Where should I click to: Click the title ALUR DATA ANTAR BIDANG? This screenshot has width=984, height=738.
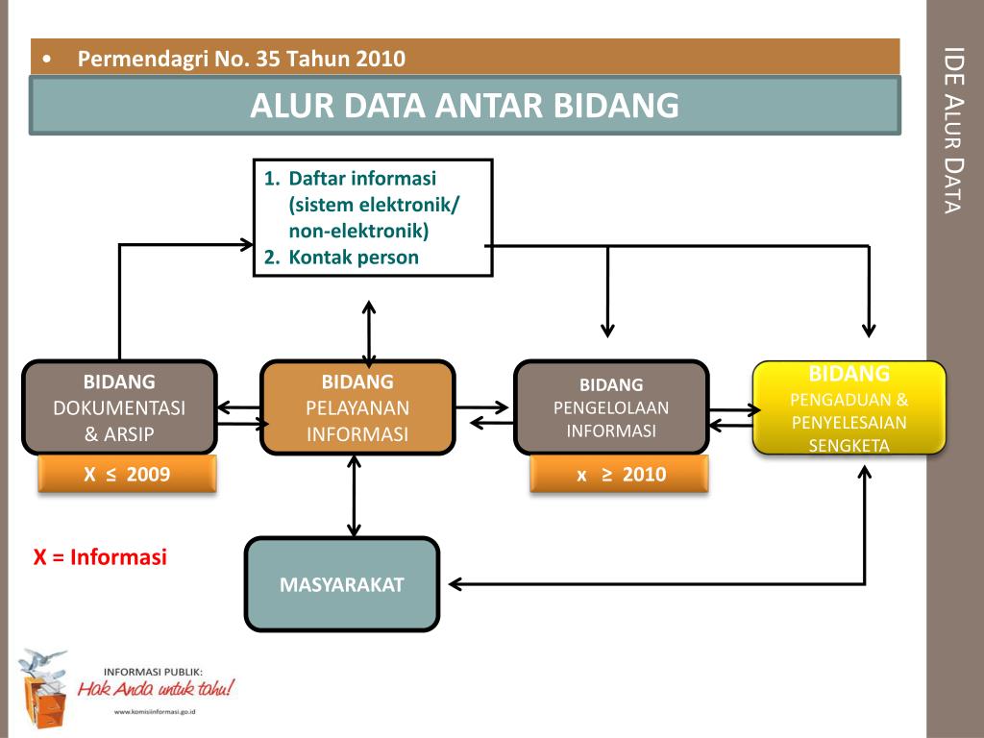(x=464, y=106)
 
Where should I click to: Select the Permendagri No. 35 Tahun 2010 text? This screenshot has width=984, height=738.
(x=241, y=59)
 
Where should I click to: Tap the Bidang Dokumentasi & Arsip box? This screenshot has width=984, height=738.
(x=119, y=406)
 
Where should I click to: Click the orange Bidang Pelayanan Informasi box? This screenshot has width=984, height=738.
(x=357, y=407)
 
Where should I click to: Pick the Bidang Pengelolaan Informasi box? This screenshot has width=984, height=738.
(x=611, y=406)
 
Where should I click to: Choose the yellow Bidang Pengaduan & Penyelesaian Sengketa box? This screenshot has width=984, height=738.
(x=849, y=407)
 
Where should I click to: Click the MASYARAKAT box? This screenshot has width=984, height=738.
(x=342, y=584)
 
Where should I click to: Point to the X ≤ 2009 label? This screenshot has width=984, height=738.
(x=127, y=474)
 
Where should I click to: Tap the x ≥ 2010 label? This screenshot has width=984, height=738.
(x=620, y=474)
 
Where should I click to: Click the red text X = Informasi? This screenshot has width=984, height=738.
(x=101, y=557)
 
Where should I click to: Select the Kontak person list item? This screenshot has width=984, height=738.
(x=354, y=257)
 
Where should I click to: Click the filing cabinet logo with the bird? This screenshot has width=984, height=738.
(x=44, y=683)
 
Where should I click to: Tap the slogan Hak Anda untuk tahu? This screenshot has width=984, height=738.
(x=156, y=689)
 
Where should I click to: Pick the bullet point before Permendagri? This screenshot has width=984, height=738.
(x=47, y=60)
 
